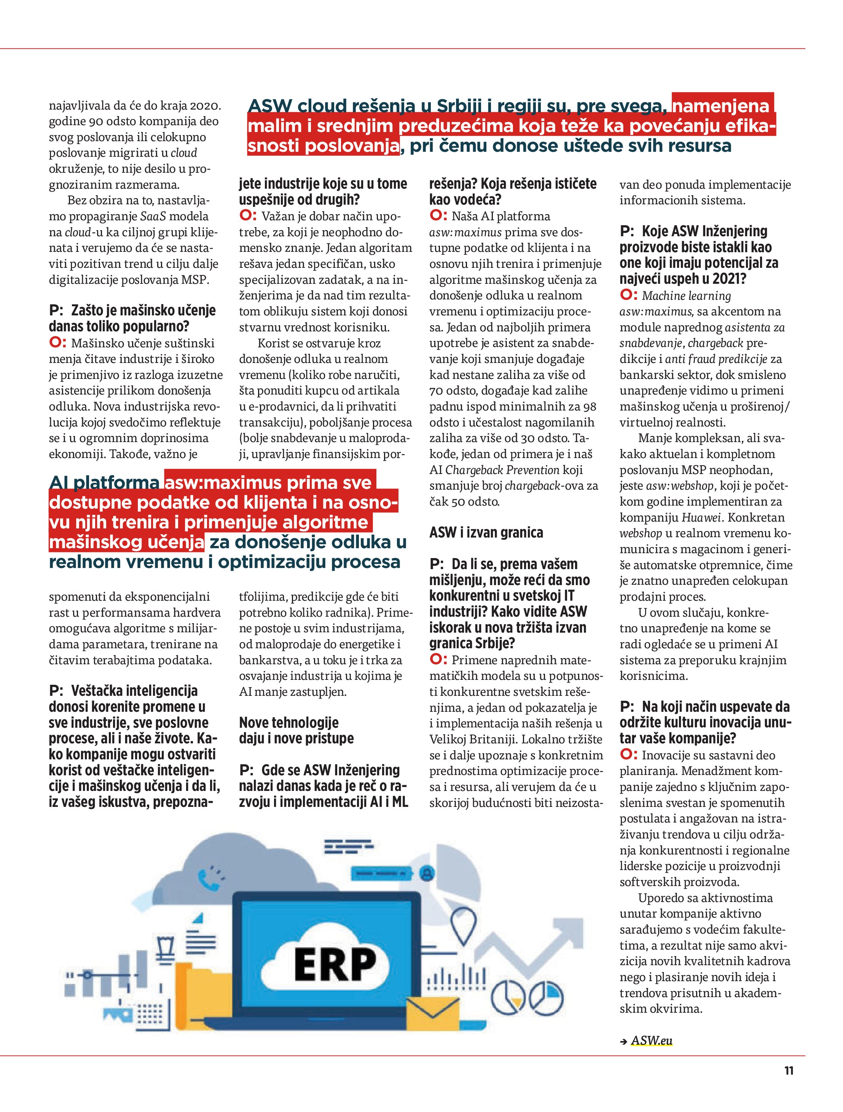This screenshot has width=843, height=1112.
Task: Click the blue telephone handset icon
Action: [207, 879]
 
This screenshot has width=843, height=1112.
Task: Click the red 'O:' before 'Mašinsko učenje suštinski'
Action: [57, 343]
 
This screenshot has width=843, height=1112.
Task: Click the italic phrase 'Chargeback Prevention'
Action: [502, 470]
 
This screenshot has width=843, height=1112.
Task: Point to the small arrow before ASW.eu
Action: [624, 1041]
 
